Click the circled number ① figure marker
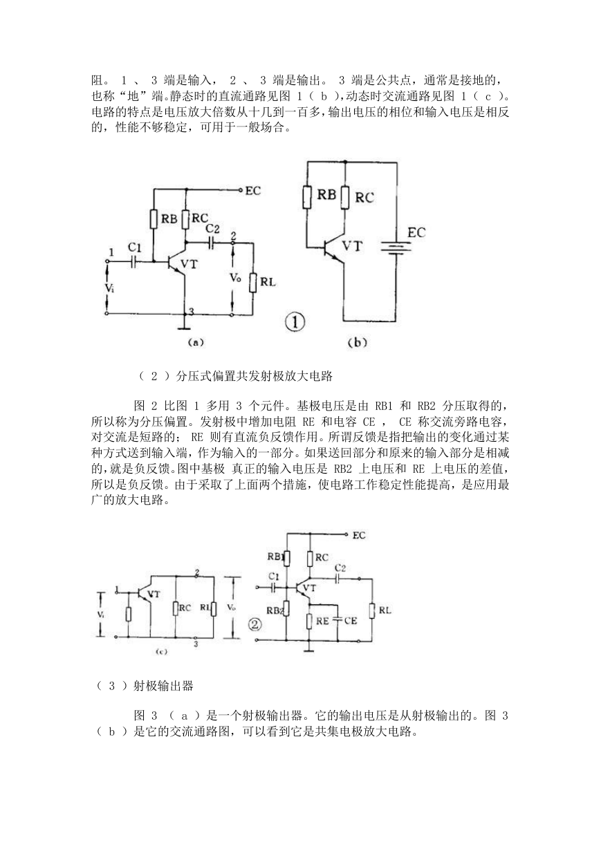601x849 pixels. pos(295,323)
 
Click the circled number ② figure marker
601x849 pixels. pos(255,624)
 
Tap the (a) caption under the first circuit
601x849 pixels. pos(196,342)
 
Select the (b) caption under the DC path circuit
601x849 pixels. pos(357,342)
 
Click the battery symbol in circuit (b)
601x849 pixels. pos(396,249)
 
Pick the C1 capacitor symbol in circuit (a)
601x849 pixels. pos(134,261)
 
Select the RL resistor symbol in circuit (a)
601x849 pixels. pos(253,282)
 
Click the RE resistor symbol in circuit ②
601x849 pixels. pos(310,621)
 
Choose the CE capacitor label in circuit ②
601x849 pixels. pos(351,620)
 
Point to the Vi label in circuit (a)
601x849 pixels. pos(109,288)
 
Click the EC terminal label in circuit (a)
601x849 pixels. pos(253,190)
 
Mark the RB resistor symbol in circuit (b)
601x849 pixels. pos(308,197)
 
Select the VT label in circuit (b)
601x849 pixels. pos(353,246)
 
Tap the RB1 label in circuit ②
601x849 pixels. pos(277,557)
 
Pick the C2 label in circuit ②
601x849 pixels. pos(340,568)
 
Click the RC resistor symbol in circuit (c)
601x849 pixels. pos(176,608)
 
